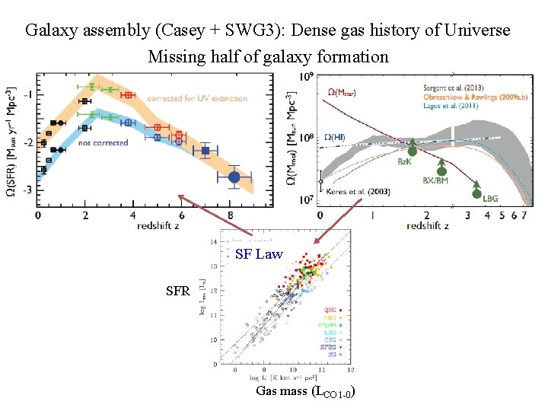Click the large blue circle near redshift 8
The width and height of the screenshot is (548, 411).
point(234,177)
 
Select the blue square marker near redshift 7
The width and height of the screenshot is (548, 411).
point(205,151)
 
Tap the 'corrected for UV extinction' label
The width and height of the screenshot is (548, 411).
point(187,98)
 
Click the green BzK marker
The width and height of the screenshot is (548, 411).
point(412,149)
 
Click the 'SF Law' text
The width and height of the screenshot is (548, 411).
point(259,254)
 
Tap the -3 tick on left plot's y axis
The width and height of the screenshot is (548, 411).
point(27,190)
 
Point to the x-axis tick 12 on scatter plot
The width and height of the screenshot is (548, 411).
point(349,370)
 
